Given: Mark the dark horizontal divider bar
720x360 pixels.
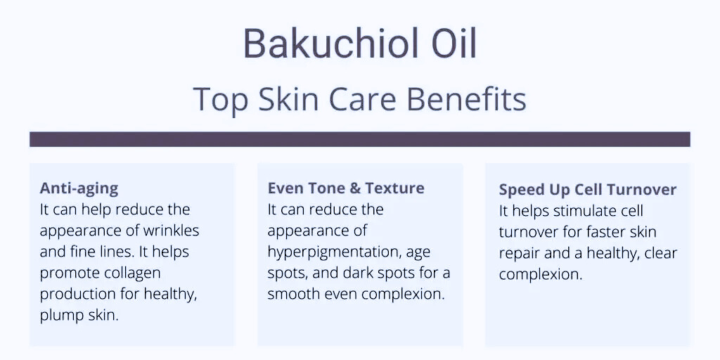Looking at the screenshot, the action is point(359,139).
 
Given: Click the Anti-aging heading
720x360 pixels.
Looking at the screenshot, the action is point(79,189).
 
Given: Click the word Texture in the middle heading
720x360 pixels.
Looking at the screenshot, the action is point(395,188).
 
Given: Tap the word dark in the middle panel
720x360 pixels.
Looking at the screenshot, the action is point(355,273).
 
